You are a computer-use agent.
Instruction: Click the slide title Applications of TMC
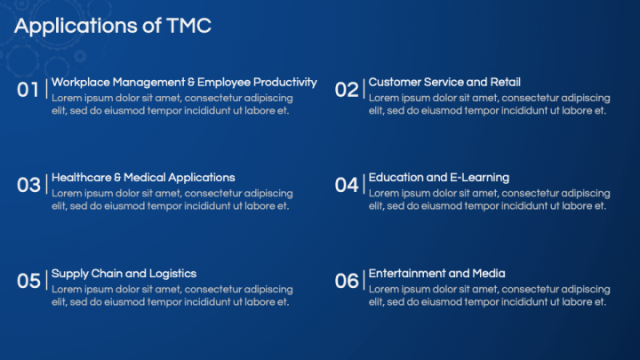113,26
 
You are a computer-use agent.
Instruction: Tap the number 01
28,90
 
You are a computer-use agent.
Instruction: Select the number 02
347,90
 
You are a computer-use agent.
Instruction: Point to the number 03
28,185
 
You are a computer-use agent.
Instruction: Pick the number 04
347,185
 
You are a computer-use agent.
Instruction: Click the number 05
28,281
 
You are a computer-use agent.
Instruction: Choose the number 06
347,281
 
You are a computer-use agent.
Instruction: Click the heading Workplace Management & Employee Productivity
184,83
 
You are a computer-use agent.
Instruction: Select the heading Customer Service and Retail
444,82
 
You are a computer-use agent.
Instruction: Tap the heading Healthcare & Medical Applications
143,178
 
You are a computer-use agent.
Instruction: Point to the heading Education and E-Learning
439,178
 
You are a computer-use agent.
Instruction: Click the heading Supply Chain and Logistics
124,274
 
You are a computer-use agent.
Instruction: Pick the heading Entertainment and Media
436,274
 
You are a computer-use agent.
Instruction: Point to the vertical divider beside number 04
364,184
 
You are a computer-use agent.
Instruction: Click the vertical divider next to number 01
46,89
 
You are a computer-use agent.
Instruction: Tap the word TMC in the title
189,26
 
